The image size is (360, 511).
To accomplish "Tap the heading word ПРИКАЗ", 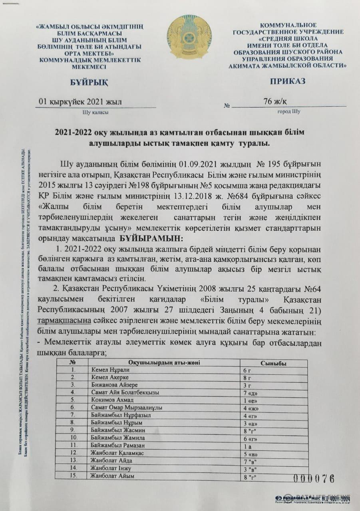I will [x=287, y=81].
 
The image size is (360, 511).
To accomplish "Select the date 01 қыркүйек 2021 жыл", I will [x=80, y=102].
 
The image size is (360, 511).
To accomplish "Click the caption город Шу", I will [x=289, y=111].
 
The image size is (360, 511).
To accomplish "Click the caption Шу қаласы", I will [x=95, y=112].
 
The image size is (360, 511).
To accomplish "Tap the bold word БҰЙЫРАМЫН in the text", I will [x=150, y=239].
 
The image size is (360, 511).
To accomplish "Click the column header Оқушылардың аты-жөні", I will [x=163, y=362].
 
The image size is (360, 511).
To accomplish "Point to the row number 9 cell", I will [x=73, y=430].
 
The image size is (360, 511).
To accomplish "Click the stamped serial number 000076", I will [x=314, y=479].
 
